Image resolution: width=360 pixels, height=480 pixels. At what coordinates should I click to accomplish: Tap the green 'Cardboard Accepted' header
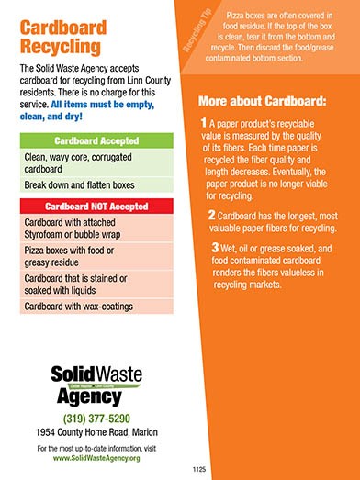[x=96, y=141]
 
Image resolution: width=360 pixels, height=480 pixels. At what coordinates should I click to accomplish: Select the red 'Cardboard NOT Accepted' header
[x=96, y=206]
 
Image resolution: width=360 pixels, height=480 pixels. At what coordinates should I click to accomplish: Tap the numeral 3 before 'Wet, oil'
[x=216, y=248]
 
